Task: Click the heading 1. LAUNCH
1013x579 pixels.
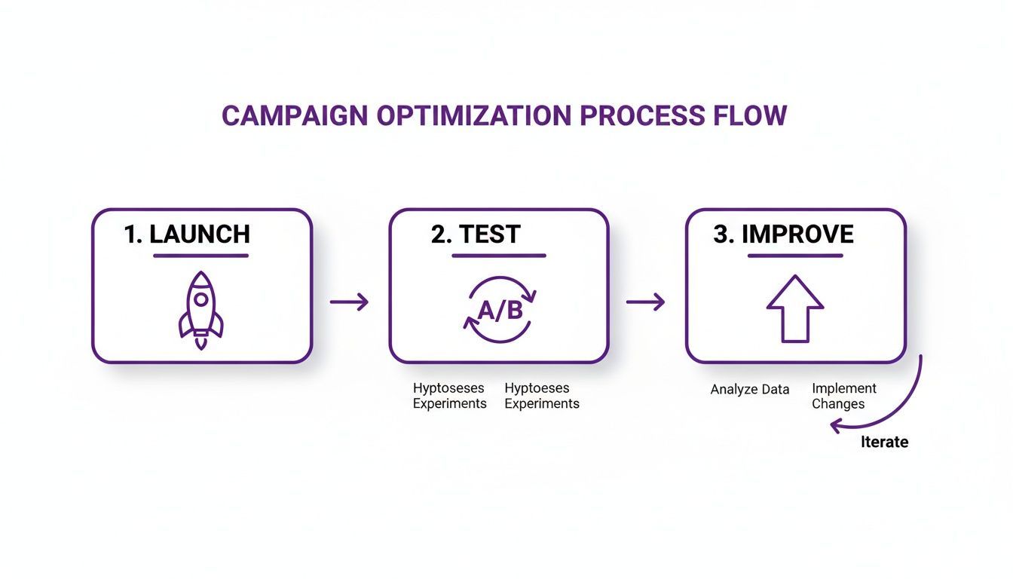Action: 187,234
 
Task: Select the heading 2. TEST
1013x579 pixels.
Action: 476,234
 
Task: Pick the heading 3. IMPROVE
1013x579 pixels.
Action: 783,234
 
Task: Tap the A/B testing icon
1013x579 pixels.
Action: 498,310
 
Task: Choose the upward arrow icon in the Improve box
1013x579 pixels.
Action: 794,308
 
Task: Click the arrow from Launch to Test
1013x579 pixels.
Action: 350,302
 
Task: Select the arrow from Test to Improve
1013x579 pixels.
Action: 646,302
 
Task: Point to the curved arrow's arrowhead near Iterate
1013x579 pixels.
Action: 835,427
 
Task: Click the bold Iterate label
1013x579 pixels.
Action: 884,442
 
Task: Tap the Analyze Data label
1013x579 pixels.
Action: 750,390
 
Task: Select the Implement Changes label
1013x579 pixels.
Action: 843,396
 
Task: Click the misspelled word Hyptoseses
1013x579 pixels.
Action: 438,388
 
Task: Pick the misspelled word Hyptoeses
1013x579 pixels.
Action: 537,388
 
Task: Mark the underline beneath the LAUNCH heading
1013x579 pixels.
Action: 200,256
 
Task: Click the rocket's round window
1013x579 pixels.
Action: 201,300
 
